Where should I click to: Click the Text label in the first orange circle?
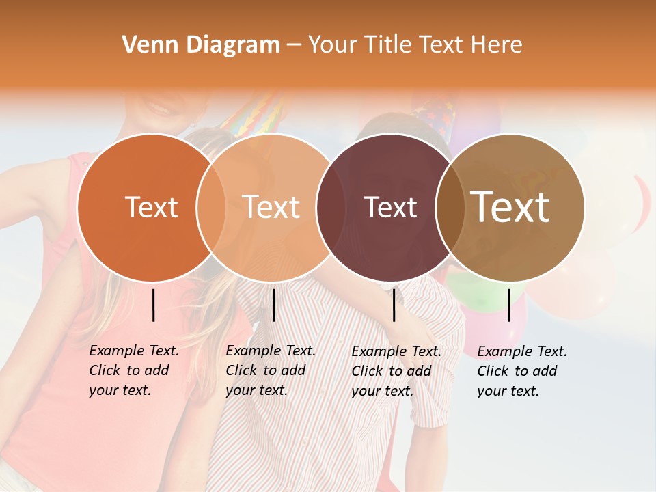click(151, 207)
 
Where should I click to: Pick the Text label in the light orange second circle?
click(271, 207)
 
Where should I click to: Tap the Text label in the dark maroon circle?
click(390, 207)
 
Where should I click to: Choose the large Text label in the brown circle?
click(510, 207)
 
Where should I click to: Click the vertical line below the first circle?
click(153, 305)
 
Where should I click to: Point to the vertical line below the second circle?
click(273, 305)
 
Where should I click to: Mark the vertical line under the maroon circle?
click(394, 305)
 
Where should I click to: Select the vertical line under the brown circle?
click(508, 305)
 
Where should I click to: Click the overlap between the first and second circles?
click(211, 207)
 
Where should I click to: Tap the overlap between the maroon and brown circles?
click(448, 207)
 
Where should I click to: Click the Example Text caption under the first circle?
click(134, 370)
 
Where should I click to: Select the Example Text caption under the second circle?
click(271, 370)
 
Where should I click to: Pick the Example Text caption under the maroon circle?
click(396, 370)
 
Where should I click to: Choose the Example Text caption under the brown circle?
click(522, 370)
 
